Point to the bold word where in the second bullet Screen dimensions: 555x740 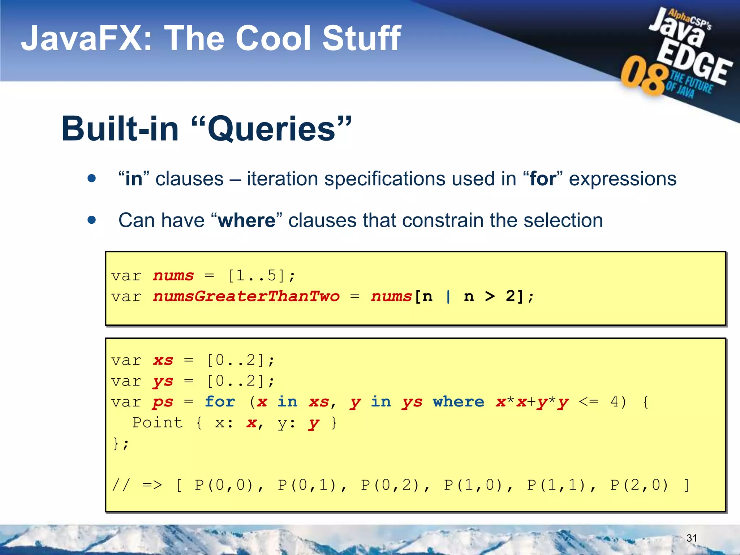(247, 220)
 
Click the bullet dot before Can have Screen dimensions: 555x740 (92, 220)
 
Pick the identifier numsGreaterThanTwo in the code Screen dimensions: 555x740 (246, 297)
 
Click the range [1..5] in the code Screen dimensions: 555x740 (256, 276)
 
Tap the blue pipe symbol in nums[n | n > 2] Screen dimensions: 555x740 (448, 297)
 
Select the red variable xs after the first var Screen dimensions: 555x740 (163, 360)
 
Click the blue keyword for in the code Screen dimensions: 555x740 (220, 402)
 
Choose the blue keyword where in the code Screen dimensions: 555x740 (459, 402)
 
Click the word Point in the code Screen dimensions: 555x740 (158, 422)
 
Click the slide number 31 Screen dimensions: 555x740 (692, 538)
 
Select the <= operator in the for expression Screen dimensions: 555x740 (589, 402)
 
